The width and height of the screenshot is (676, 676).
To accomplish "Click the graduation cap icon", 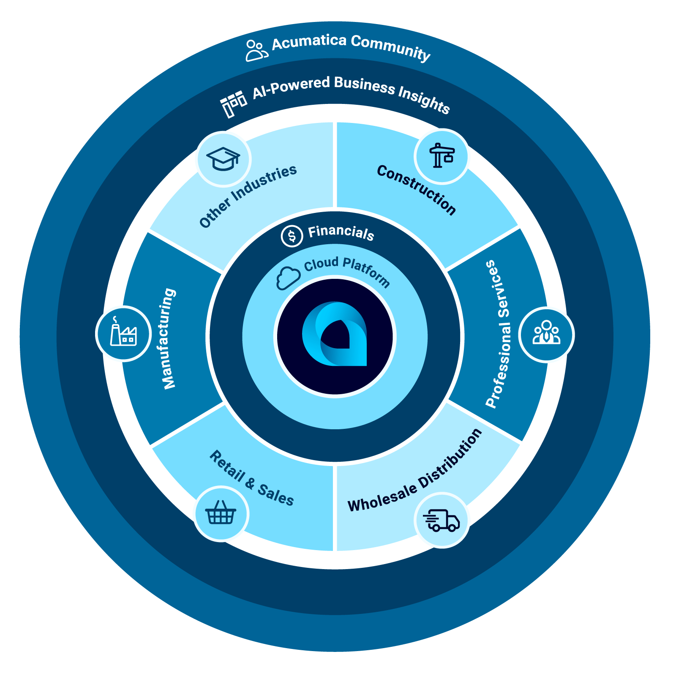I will point(224,159).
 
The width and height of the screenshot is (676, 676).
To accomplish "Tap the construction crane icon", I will point(442,156).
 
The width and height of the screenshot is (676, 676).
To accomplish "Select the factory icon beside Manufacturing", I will point(123,333).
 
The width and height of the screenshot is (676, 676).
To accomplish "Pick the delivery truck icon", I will point(442,520).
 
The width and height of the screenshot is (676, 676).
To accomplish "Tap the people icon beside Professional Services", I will point(546,334).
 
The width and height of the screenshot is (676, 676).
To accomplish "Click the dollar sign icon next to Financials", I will point(292,236).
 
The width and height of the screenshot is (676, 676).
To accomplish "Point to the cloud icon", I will point(288,278).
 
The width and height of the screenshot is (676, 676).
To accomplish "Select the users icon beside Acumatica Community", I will point(256,50).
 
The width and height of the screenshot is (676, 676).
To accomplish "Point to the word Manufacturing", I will point(169,338).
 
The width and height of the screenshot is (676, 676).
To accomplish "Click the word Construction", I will point(417,190).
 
